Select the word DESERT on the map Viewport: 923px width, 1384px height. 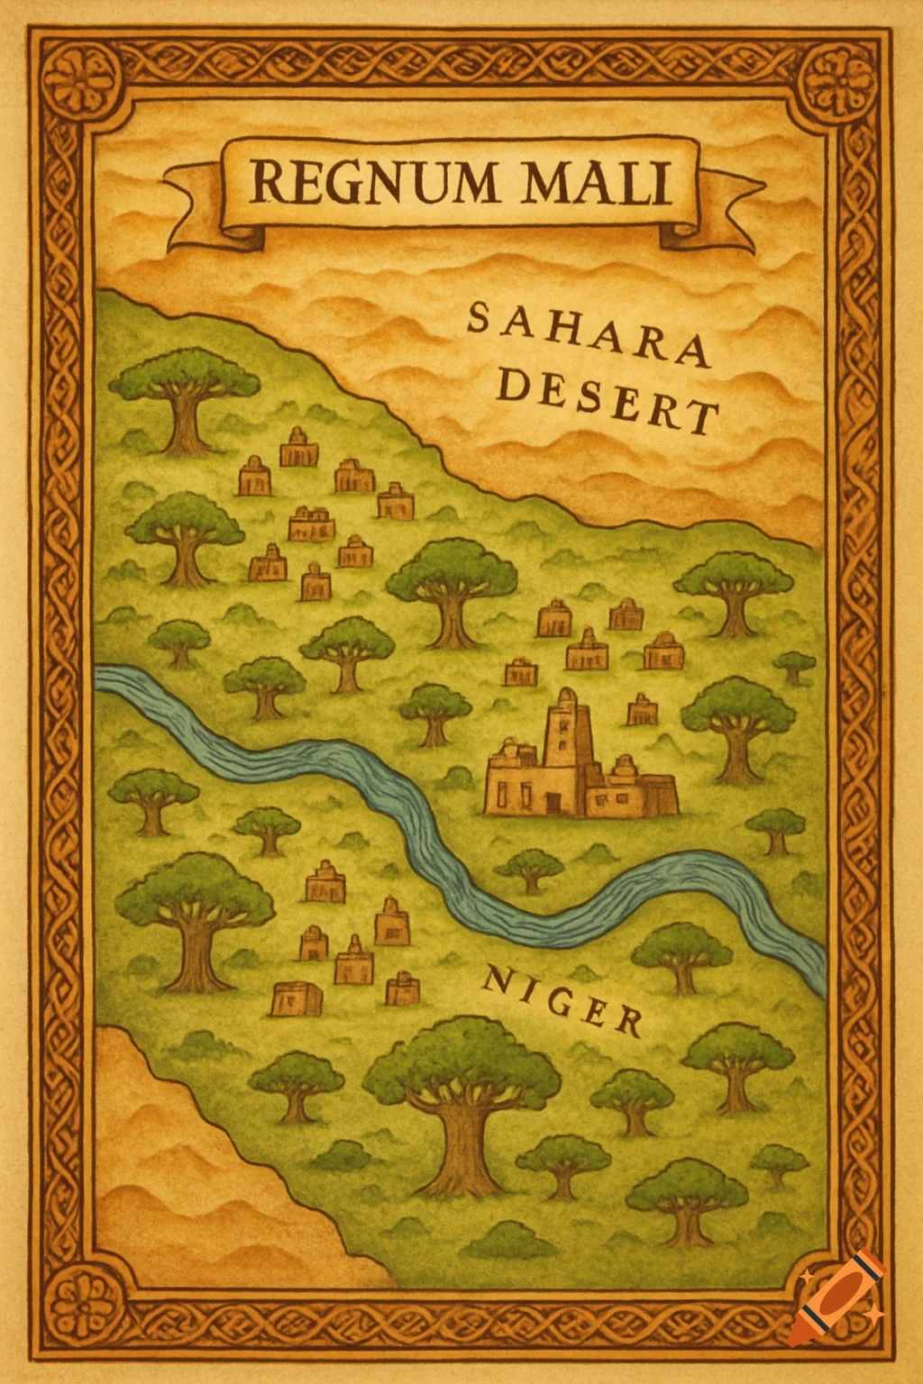tap(608, 402)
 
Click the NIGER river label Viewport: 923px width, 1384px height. tap(563, 1000)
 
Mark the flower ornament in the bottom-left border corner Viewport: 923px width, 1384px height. tap(82, 1304)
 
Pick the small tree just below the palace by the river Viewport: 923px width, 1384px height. tap(530, 870)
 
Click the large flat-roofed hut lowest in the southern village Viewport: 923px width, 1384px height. tap(297, 998)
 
